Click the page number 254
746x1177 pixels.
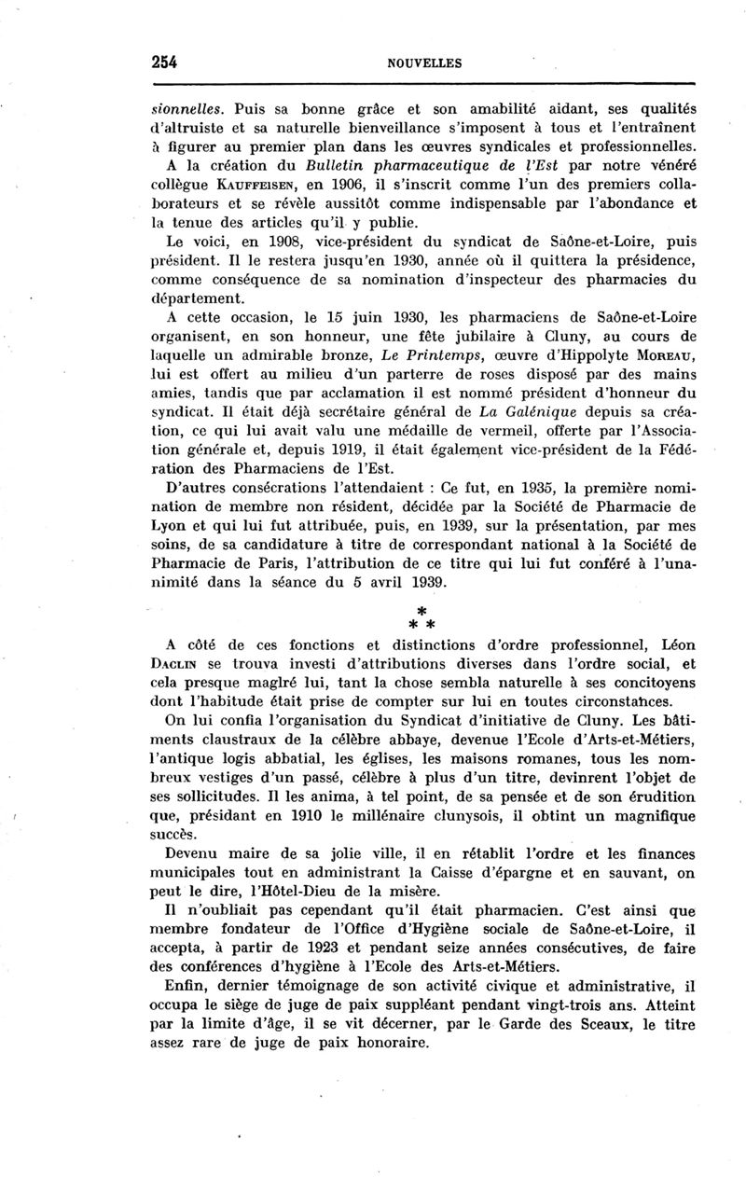164,62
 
